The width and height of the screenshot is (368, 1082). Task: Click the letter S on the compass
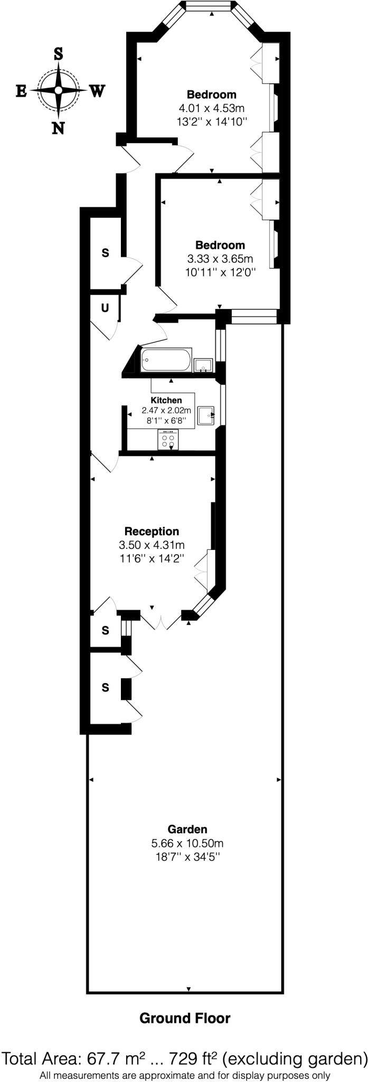click(x=58, y=53)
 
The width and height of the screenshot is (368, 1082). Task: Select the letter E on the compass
click(x=22, y=91)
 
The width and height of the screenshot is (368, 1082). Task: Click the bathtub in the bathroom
click(x=166, y=360)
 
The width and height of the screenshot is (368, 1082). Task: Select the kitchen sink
click(x=206, y=415)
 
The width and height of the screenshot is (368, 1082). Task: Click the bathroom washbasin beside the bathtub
click(x=203, y=365)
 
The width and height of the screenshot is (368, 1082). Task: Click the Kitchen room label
click(x=166, y=400)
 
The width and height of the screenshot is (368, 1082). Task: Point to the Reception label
click(x=152, y=531)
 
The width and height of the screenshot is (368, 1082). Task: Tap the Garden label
click(x=187, y=829)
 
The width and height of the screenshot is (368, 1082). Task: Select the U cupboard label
click(x=105, y=307)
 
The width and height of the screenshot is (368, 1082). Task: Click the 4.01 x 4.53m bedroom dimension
click(x=212, y=108)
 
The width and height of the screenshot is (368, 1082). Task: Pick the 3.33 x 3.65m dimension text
click(x=220, y=259)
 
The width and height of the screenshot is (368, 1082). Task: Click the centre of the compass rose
click(x=58, y=90)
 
